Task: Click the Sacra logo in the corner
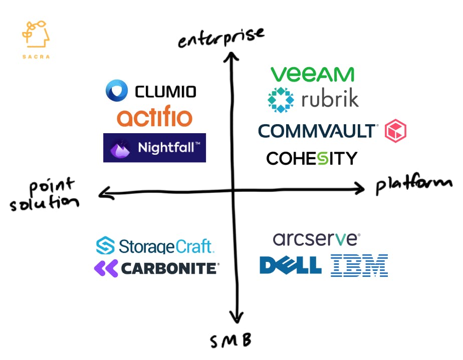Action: (36, 40)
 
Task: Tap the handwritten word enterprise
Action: (221, 38)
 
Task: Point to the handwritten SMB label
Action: (230, 341)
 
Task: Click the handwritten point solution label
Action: (44, 195)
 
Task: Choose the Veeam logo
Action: (312, 74)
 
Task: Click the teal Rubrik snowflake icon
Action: (281, 100)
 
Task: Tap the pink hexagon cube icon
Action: (396, 131)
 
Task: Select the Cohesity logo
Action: (312, 158)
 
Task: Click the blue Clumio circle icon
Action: (117, 90)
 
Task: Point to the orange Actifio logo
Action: (155, 116)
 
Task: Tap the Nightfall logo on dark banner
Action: (154, 148)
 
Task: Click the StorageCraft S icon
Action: (105, 245)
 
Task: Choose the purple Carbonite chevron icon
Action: (106, 268)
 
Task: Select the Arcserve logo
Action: (317, 239)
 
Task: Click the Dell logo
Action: (291, 265)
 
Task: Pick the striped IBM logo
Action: (359, 265)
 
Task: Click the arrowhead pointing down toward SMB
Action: (237, 318)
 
